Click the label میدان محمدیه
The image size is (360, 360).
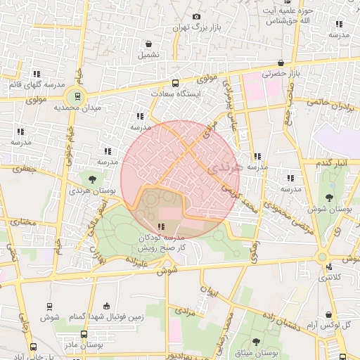[x=101, y=108]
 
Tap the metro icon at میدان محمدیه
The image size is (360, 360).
[x=76, y=96]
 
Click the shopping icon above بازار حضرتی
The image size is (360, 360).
[x=281, y=62]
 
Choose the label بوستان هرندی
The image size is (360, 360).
[x=91, y=191]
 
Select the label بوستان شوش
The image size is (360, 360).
[x=330, y=209]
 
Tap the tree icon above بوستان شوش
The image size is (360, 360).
[x=330, y=197]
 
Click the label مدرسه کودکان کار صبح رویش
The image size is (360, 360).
[x=163, y=243]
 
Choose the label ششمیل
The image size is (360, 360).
[x=148, y=54]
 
